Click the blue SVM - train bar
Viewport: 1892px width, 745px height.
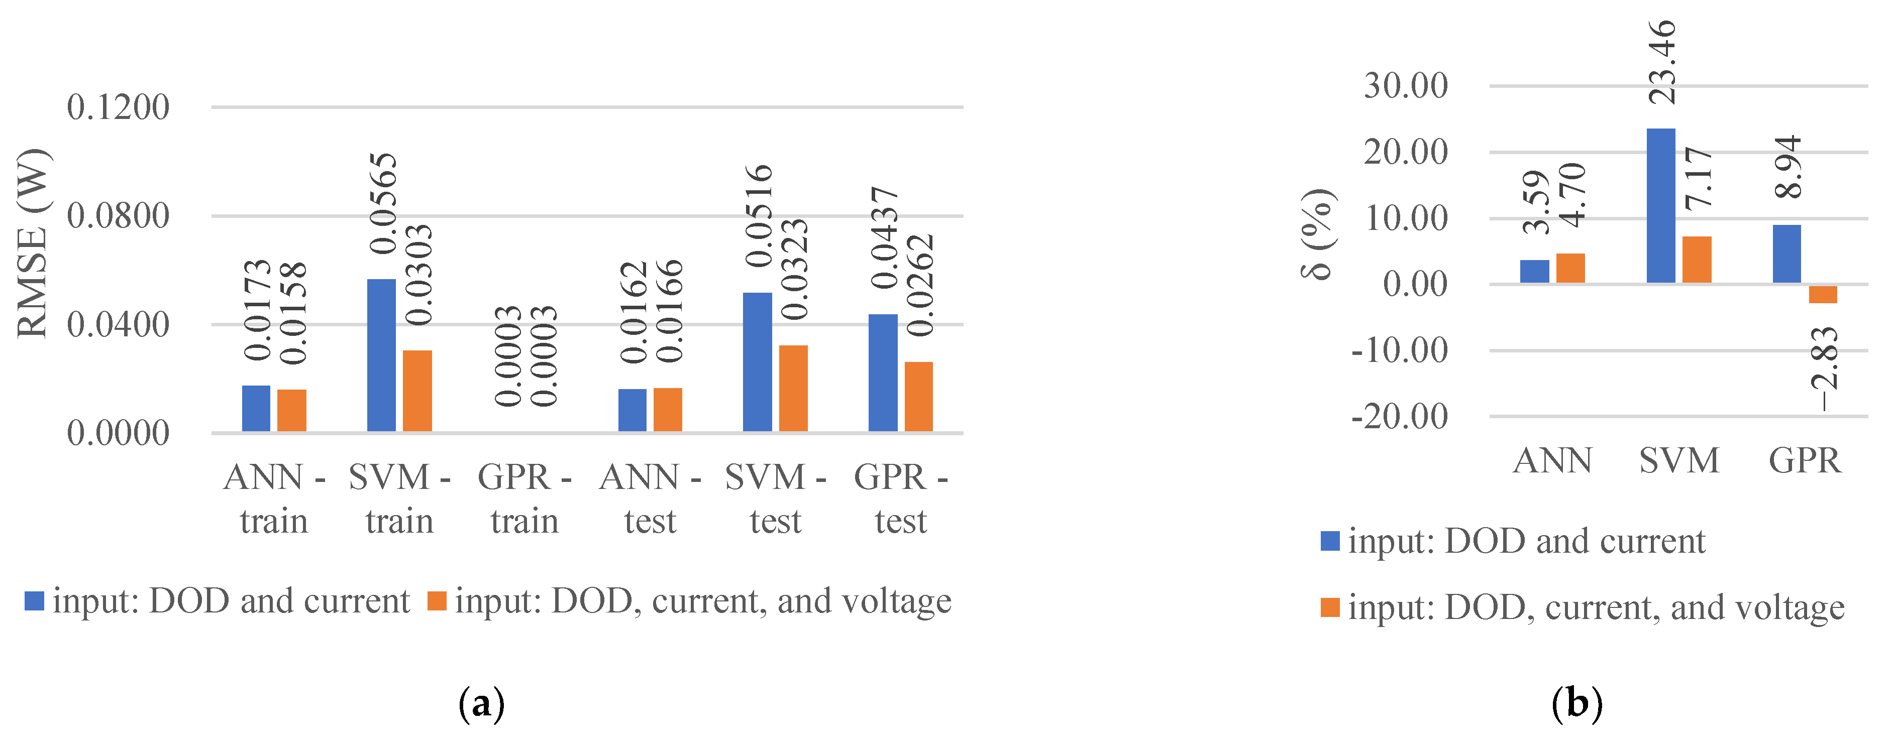381,355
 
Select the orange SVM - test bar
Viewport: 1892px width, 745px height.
793,388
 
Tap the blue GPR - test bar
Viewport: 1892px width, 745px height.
883,373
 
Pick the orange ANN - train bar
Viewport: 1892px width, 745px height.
291,410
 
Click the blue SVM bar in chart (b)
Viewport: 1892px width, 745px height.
1660,205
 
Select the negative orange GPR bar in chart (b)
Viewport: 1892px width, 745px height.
1823,294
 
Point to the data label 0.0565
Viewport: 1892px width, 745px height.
383,203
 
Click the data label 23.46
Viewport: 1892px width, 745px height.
1662,62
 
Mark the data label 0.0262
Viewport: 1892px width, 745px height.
919,285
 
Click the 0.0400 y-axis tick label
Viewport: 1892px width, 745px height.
118,324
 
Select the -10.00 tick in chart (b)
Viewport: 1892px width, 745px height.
1399,350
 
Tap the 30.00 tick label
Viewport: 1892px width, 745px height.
1406,86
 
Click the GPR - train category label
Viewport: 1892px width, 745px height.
524,499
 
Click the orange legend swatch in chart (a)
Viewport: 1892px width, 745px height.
437,601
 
